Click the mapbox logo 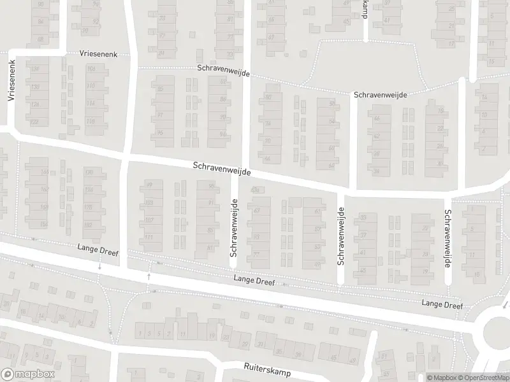26,374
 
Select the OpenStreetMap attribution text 483,378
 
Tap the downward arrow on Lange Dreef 99,268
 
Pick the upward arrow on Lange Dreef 150,276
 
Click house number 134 35,68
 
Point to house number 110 91,86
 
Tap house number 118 91,122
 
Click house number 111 149,237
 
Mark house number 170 89,173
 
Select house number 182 89,224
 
